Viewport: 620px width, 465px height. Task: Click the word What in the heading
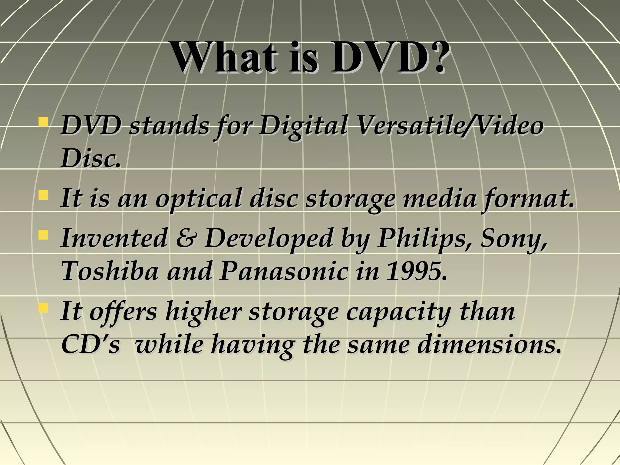[224, 58]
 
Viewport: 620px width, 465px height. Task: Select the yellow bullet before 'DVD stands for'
[44, 122]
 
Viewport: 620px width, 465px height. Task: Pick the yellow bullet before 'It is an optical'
[44, 195]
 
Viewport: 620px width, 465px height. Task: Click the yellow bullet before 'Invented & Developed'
[44, 235]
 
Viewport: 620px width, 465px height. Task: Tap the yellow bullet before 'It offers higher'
[44, 308]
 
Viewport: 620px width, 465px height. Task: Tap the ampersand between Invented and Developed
[186, 238]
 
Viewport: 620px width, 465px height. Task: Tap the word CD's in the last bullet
[91, 345]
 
